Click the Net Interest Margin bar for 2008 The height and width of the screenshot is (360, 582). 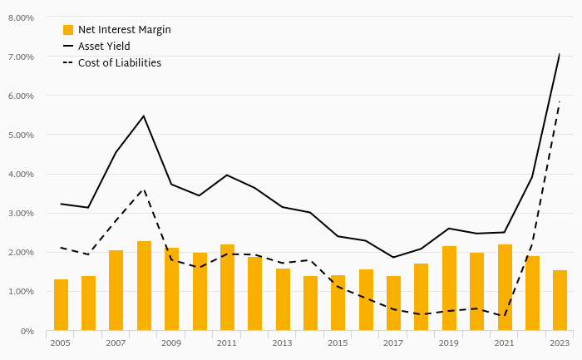point(144,286)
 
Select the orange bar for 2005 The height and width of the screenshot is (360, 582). point(61,305)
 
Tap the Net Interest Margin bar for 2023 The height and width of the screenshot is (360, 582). point(560,300)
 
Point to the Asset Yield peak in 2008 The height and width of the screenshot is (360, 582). point(144,116)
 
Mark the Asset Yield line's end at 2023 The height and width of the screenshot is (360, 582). point(560,55)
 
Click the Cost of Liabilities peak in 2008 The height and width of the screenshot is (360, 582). point(144,190)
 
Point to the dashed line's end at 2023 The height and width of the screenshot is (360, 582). point(560,101)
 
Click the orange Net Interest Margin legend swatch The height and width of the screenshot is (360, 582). point(68,30)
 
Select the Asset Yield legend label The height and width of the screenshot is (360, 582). point(104,47)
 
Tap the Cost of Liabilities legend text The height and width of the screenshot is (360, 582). point(120,63)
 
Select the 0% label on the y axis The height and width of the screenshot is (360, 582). point(27,331)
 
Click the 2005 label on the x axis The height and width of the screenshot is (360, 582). point(60,343)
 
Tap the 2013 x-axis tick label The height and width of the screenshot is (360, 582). point(282,343)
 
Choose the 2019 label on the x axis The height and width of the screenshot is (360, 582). point(448,343)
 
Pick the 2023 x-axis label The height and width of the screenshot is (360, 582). point(560,343)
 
